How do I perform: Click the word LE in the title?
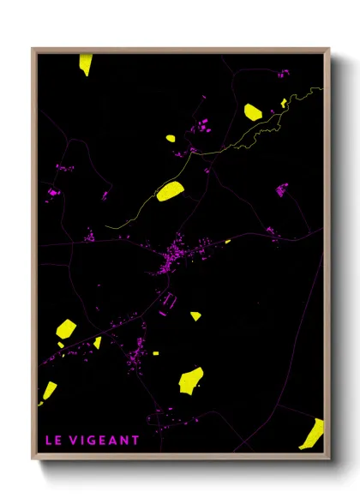[54, 441]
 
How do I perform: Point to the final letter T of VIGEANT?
[135, 441]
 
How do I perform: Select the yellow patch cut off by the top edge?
[86, 63]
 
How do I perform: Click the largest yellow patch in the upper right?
[253, 111]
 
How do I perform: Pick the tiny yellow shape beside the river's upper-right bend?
[284, 103]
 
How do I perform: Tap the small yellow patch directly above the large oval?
[170, 138]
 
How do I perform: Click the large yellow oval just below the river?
[171, 191]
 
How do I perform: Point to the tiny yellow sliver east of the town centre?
[227, 242]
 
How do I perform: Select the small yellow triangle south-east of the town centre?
[195, 315]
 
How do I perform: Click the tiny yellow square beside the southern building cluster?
[156, 352]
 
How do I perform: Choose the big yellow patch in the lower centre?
[191, 378]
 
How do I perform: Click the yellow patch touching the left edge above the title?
[48, 392]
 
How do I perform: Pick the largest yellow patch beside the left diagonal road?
[66, 328]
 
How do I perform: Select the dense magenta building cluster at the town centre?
[176, 256]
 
